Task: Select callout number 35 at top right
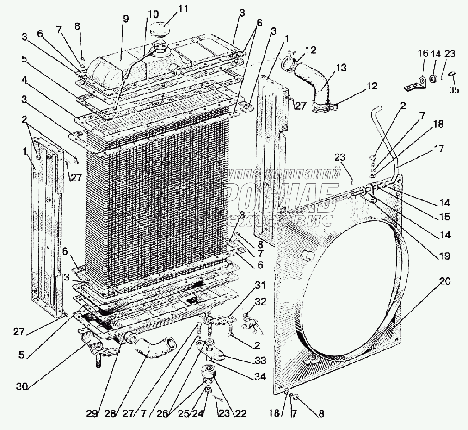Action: (x=454, y=90)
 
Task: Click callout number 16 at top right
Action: (x=423, y=54)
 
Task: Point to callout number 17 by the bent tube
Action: (x=438, y=149)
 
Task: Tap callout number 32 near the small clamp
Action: (x=261, y=301)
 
